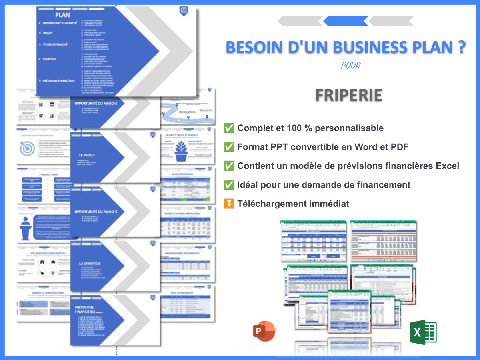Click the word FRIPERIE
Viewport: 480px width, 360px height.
[x=348, y=95]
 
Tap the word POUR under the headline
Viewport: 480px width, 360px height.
[x=351, y=65]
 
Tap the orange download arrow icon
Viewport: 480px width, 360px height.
[x=229, y=204]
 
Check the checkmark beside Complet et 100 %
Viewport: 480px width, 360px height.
[x=229, y=128]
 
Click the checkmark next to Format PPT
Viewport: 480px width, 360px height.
[x=229, y=147]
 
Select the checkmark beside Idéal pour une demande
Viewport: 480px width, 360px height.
[x=229, y=184]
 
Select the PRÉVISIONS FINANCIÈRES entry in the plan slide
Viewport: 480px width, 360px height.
[x=59, y=80]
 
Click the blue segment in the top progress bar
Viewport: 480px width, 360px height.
[x=346, y=21]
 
